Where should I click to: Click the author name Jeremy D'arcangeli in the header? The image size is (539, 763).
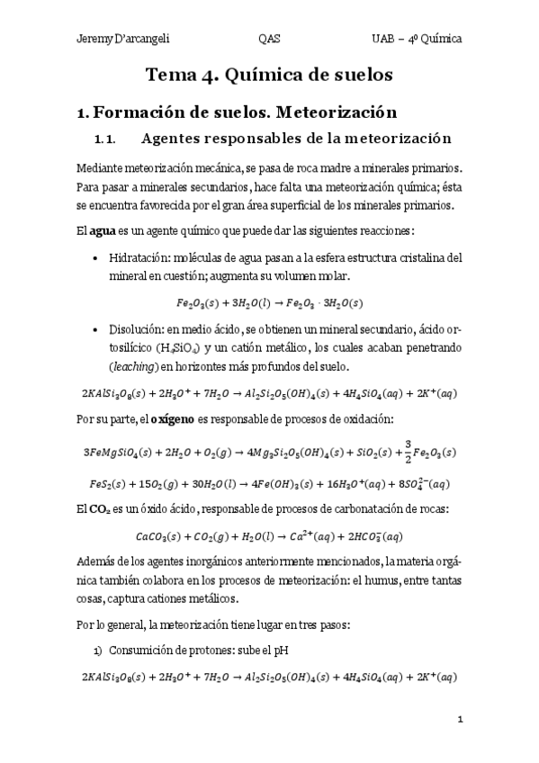[123, 39]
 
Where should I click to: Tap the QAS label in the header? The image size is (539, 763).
[268, 39]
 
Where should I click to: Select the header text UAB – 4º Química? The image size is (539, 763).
[417, 39]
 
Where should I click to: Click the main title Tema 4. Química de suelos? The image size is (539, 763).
[269, 76]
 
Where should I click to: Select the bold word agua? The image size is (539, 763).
[103, 231]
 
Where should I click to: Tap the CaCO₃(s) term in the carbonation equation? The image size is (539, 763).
[159, 536]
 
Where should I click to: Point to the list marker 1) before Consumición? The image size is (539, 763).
[98, 650]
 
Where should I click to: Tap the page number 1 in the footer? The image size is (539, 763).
[459, 719]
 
